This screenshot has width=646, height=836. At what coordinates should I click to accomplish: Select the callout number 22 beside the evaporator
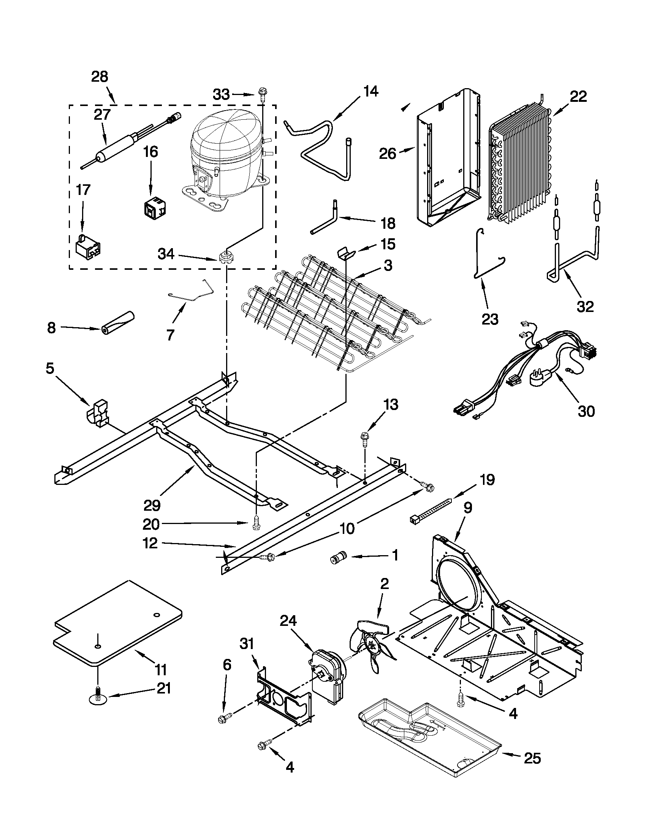(x=578, y=97)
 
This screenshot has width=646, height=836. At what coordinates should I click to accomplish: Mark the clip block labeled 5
(x=99, y=413)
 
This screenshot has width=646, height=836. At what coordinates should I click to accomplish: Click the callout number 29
(x=152, y=505)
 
